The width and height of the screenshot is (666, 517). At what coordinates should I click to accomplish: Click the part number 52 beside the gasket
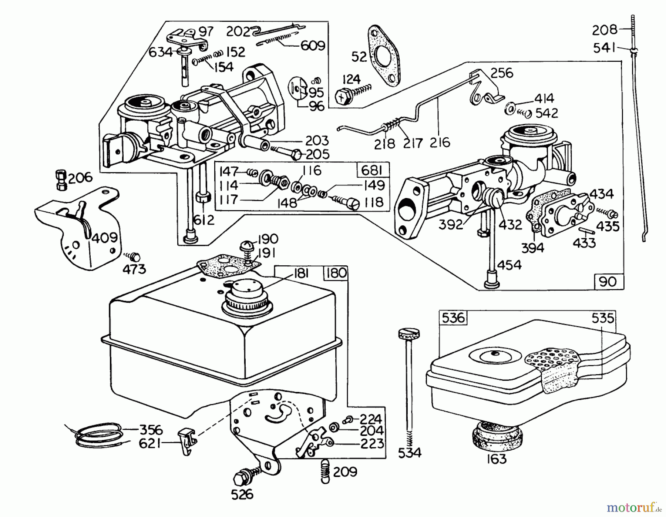coord(359,57)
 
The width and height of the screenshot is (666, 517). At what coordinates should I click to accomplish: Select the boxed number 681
coord(373,171)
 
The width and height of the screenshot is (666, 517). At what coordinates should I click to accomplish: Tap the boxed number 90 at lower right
coord(608,282)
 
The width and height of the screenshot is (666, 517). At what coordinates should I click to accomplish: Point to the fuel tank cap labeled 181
coord(246,296)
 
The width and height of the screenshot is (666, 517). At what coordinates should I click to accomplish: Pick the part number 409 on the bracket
coord(105,238)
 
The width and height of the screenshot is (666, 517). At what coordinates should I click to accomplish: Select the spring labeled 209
coord(324,471)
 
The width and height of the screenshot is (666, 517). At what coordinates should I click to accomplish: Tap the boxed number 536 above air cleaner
coord(453,318)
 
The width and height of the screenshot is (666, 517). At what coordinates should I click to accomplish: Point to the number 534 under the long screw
coord(410,453)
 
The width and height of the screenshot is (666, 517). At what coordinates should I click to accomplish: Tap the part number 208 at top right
coord(605,30)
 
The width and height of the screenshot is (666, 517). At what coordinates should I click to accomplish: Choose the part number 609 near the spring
coord(312,46)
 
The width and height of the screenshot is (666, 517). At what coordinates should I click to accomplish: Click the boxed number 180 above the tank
coord(336,273)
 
